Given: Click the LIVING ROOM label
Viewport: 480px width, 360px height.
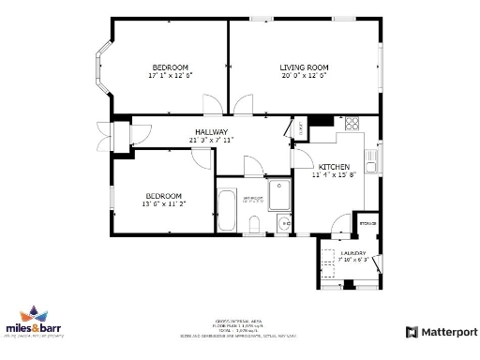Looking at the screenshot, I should point(305,67).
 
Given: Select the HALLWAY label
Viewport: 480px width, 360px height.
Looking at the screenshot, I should point(211,132).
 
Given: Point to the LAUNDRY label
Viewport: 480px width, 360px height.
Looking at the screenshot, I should point(352,253).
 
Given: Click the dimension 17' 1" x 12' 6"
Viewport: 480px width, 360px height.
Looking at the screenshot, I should point(171,76).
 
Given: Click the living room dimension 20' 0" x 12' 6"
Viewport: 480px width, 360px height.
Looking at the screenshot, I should point(305,76).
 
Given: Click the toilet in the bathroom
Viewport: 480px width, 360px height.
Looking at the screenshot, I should point(256,223).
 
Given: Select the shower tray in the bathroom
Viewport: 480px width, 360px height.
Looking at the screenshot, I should point(279,195).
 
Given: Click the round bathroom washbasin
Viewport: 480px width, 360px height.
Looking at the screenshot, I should point(283,224).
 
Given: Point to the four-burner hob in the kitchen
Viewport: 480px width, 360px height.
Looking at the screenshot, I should point(354,124).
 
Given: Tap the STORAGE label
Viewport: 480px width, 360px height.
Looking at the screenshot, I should point(368,223).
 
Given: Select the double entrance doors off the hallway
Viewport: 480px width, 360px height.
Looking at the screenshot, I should point(101,135).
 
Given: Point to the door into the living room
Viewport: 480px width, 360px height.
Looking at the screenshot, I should point(246,104).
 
